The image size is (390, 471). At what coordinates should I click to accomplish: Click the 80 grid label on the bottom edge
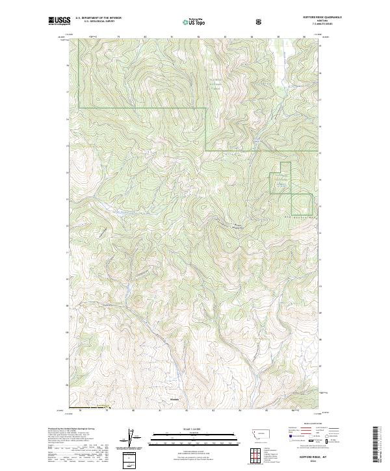(x=133, y=410)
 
